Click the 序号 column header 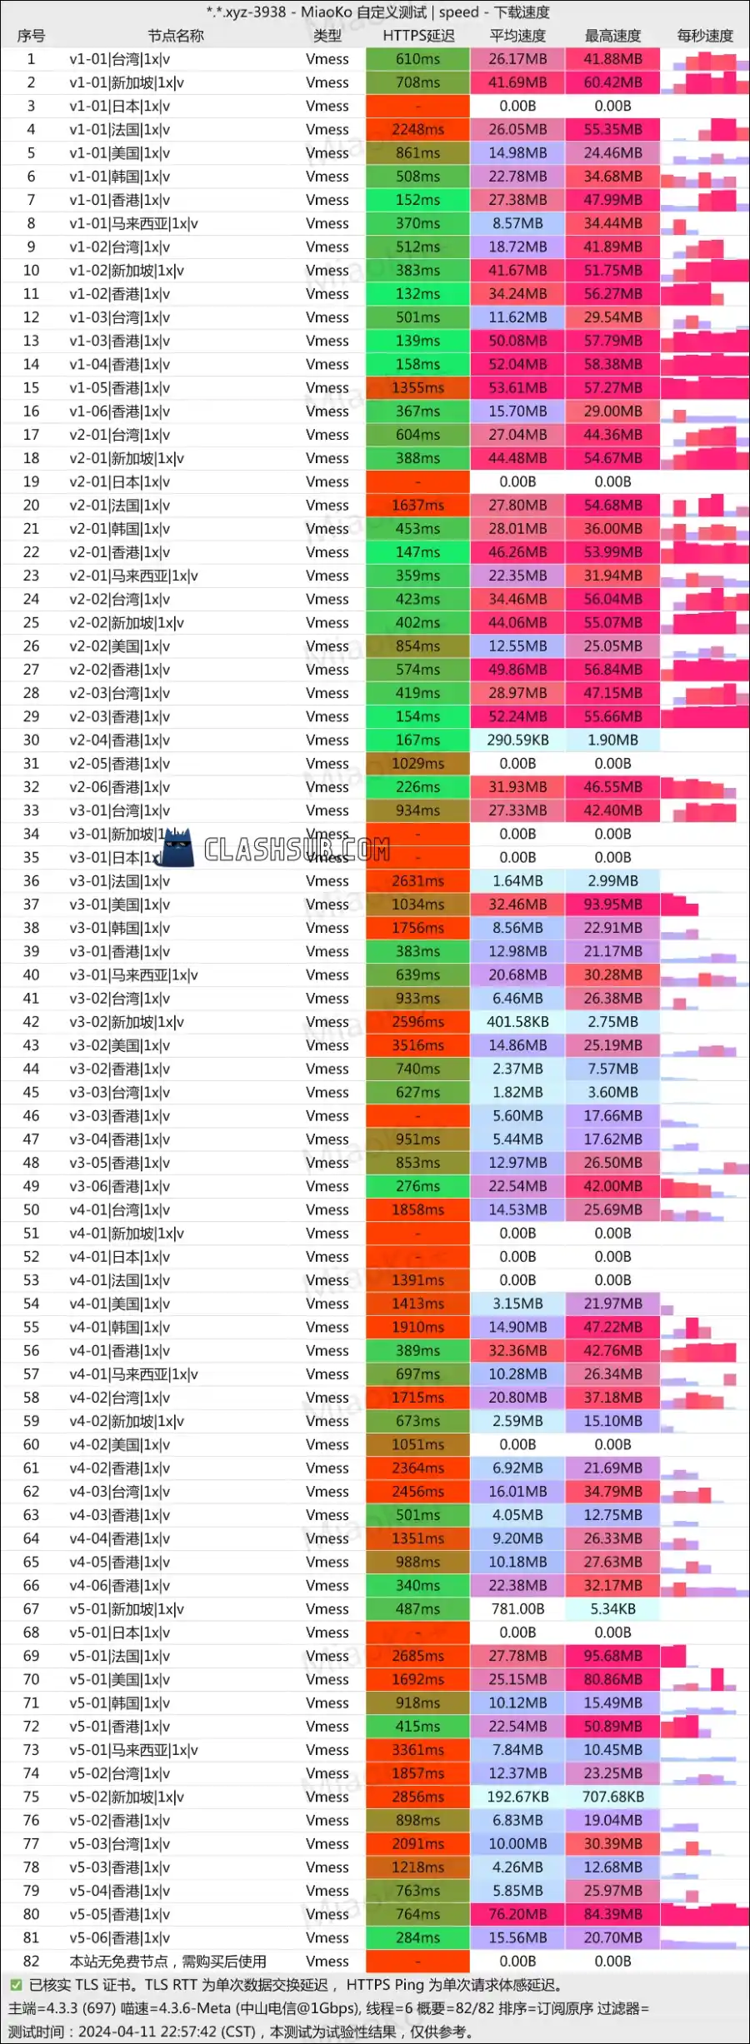pos(31,36)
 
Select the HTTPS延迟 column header pos(418,36)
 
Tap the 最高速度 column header pos(612,36)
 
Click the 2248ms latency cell pos(417,130)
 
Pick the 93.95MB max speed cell pos(612,905)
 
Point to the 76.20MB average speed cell pos(517,1914)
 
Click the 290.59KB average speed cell pos(517,740)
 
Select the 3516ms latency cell pos(417,1045)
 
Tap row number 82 pos(31,1962)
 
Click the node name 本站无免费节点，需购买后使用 pos(167,1962)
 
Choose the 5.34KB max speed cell pos(612,1609)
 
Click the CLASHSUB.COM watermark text pos(297,850)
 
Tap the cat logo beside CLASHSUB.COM pos(176,849)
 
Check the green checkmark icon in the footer pos(15,1985)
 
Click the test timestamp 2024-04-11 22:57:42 pos(167,2032)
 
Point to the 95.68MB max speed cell pos(612,1656)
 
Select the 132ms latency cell pos(417,294)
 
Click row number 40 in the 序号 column pos(31,975)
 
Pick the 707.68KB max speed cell pos(612,1797)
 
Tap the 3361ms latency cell pos(417,1750)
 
